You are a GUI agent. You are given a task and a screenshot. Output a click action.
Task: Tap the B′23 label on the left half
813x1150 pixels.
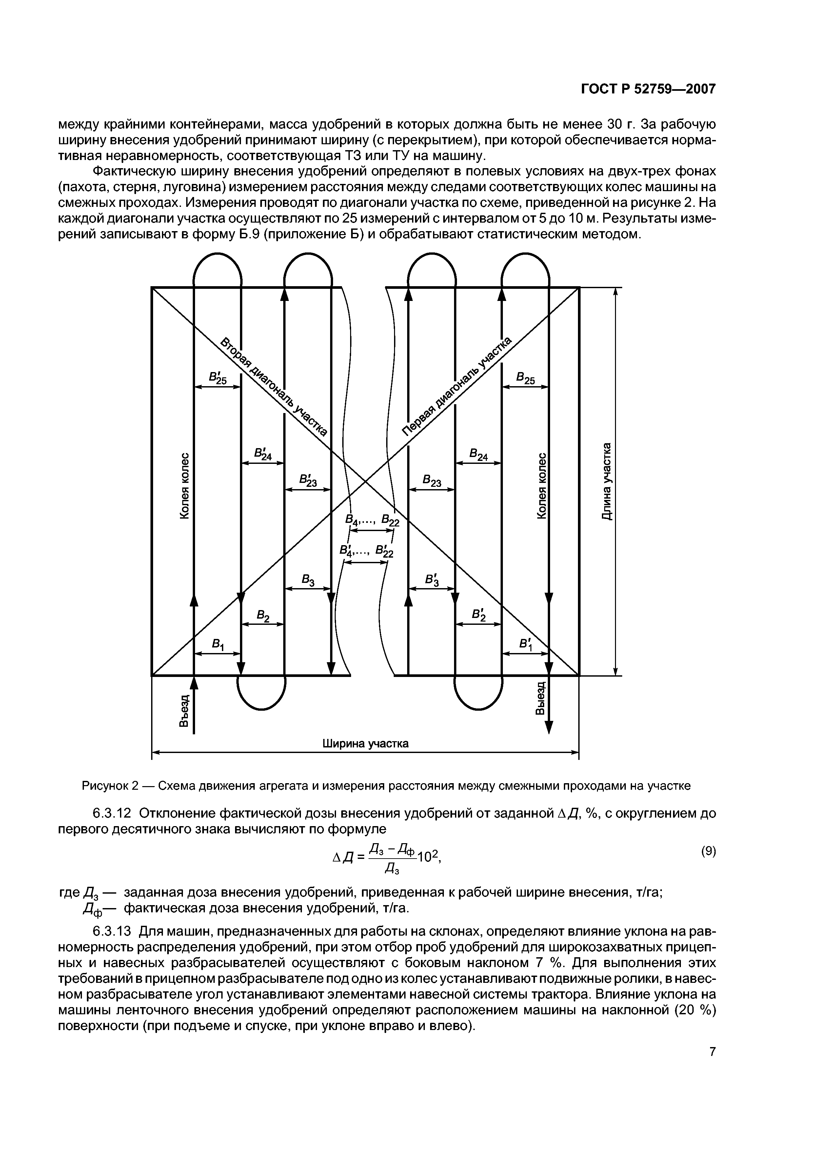307,480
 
